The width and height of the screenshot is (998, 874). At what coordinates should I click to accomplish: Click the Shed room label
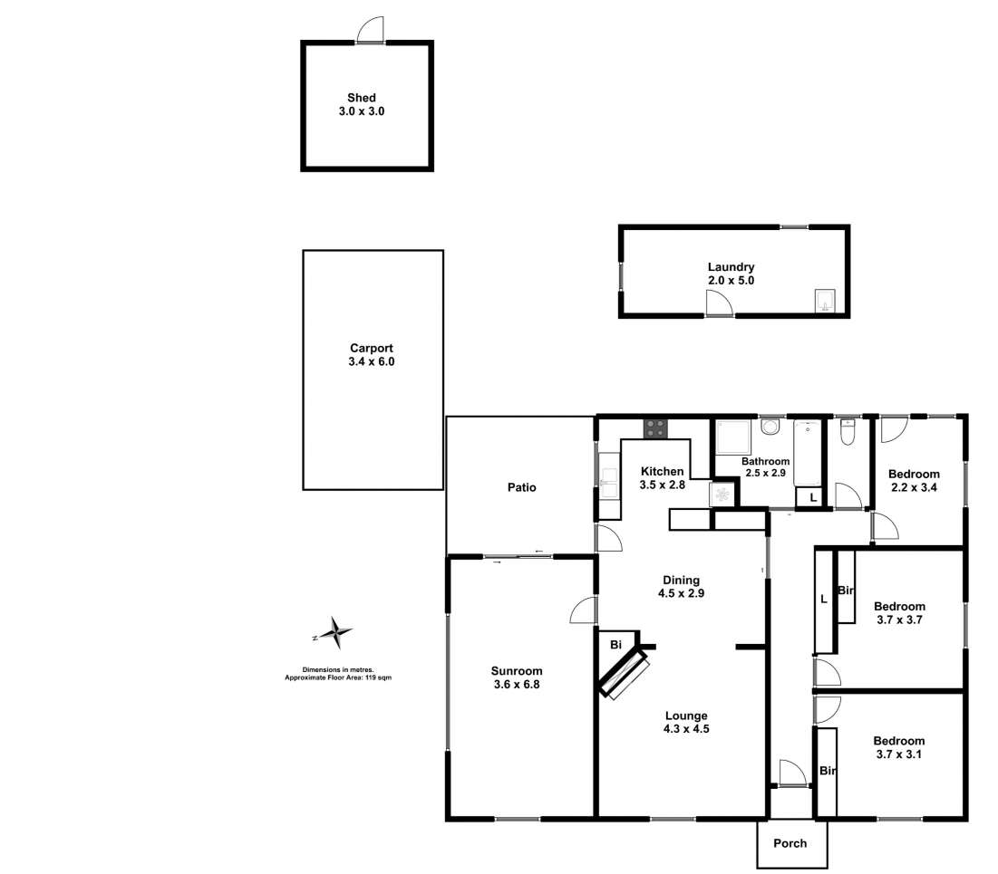(x=361, y=98)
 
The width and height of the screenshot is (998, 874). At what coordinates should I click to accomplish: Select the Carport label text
(x=372, y=348)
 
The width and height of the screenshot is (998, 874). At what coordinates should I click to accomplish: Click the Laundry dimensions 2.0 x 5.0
(x=731, y=281)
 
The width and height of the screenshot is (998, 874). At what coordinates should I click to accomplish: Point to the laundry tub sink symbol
(x=825, y=301)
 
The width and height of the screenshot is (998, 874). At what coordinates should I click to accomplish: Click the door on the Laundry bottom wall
(x=720, y=306)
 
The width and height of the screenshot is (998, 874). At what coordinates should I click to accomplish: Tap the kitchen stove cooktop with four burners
(x=656, y=427)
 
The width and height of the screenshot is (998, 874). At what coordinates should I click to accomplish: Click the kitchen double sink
(x=607, y=477)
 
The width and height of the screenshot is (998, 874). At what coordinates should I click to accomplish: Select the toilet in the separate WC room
(x=848, y=435)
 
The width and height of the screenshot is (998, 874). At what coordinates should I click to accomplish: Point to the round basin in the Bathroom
(x=770, y=427)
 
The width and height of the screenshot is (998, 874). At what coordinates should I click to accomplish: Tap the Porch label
(x=790, y=844)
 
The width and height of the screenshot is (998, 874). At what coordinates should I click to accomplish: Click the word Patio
(x=521, y=487)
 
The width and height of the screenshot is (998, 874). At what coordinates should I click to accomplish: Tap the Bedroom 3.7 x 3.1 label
(x=899, y=747)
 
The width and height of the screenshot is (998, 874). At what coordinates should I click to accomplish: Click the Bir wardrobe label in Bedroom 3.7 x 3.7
(x=846, y=591)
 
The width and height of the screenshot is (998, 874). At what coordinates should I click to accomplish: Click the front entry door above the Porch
(x=790, y=773)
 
